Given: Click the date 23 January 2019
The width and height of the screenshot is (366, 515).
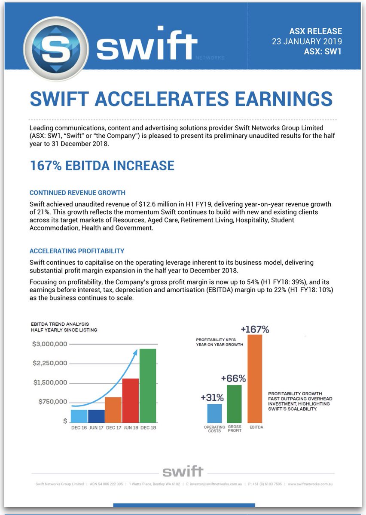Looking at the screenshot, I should tap(307, 42).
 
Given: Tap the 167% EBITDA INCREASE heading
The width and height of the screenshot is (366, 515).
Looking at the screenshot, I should tap(102, 166).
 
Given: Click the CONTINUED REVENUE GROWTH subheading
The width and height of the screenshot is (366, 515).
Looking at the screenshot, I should tap(77, 193).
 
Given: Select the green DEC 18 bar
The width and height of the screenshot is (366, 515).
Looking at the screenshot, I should tap(147, 385).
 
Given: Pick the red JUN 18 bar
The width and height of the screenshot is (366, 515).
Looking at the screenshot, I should tap(131, 400).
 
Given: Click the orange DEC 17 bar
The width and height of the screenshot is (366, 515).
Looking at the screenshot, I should tap(113, 409).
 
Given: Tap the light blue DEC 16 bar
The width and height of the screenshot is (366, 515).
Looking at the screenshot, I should tap(79, 415).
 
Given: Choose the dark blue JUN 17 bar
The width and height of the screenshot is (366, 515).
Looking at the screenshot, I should tap(96, 415).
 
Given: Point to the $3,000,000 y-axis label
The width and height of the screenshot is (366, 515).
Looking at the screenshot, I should tap(50, 344).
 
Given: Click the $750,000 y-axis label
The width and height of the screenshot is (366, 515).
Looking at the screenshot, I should tap(52, 402).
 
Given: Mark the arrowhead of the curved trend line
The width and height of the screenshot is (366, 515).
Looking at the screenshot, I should tap(135, 352).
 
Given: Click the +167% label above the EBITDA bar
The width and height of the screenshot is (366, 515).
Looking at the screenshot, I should tap(255, 330).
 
